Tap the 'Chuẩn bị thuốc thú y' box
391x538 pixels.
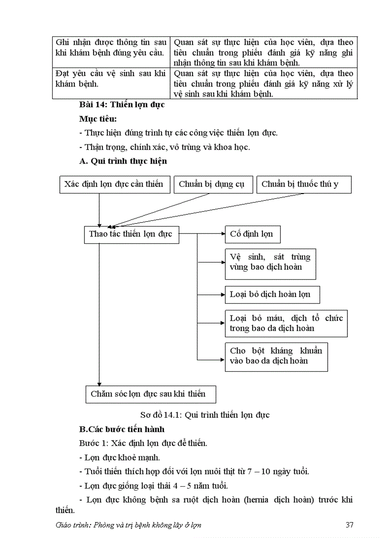click(x=304, y=184)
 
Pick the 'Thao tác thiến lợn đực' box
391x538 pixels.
click(x=131, y=234)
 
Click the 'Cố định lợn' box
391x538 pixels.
click(x=253, y=234)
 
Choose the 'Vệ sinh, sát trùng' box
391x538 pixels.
click(x=270, y=262)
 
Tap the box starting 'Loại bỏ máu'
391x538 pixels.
click(x=286, y=323)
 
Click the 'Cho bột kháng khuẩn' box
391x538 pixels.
click(x=276, y=356)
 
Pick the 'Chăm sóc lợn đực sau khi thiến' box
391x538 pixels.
click(x=150, y=394)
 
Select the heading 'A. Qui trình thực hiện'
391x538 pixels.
click(x=123, y=161)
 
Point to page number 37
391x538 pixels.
click(x=349, y=525)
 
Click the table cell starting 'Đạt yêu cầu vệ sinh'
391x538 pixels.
click(x=111, y=79)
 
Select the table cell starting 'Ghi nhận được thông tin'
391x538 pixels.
click(x=111, y=47)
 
